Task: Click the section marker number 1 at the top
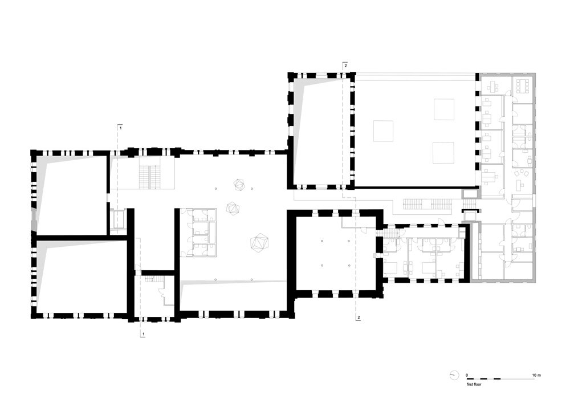tap(121, 128)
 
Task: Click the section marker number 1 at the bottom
tap(144, 333)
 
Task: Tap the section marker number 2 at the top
tap(345, 66)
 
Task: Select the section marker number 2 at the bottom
tap(359, 317)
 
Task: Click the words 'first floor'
tap(474, 384)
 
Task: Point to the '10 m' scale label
tap(536, 375)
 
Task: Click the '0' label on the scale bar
tap(467, 375)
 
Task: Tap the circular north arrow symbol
tap(454, 375)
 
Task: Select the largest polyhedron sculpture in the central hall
tap(259, 243)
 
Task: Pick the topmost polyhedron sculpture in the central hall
tap(239, 184)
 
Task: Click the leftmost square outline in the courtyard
tap(383, 131)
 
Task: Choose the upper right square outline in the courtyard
tap(444, 109)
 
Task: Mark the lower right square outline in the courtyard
tap(443, 153)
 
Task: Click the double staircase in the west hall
tap(150, 177)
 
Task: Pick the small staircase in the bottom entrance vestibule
tap(150, 279)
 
